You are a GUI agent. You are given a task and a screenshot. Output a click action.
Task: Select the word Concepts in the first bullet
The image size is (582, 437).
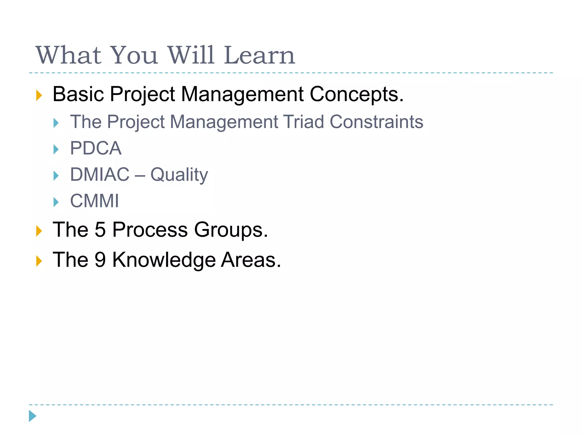coord(356,94)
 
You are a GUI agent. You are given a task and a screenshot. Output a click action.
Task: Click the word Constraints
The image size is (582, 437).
coord(376,122)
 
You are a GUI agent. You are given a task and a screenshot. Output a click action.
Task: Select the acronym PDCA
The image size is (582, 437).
coord(96,148)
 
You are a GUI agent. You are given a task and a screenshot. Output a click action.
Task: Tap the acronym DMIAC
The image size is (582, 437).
coord(100,174)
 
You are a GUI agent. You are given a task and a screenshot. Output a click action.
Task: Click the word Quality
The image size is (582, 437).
coord(179,175)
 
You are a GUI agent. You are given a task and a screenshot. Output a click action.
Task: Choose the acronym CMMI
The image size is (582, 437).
coord(94,201)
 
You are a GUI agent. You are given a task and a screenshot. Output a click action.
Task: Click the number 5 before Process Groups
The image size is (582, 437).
coord(100,230)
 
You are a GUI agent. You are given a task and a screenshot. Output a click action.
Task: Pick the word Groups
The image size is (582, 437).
coord(231,230)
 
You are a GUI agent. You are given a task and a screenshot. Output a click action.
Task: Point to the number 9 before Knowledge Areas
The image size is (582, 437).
coord(100,260)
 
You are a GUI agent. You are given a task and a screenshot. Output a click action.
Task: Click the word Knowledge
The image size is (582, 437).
coord(164,260)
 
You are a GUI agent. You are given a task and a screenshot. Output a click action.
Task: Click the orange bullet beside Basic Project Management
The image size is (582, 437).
coord(39,95)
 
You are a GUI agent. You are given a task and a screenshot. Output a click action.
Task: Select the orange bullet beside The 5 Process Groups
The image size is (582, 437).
coord(39,231)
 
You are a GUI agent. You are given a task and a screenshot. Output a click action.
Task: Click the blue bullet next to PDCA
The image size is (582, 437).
coord(56,149)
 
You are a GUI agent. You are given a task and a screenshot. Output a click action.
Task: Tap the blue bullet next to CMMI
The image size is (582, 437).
coord(56,202)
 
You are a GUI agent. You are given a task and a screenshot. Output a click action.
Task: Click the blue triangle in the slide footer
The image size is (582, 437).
coord(32,416)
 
